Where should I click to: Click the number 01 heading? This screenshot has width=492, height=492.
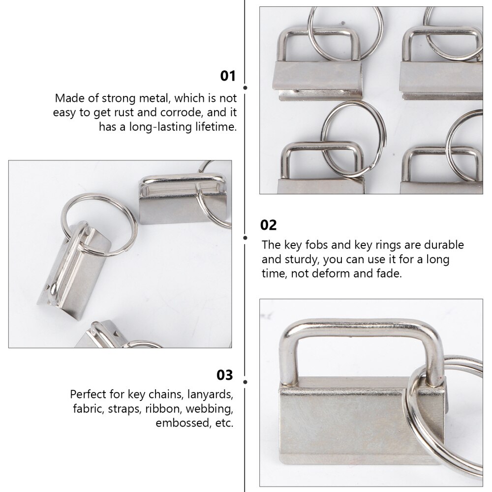[228, 76]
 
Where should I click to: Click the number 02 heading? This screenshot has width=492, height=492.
[269, 225]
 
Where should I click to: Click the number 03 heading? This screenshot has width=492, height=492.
[225, 375]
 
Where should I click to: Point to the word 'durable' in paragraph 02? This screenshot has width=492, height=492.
[442, 245]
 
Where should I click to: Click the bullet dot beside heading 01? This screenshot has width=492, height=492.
[246, 88]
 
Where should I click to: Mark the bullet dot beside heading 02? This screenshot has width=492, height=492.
[246, 237]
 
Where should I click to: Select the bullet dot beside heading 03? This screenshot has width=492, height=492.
[246, 381]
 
